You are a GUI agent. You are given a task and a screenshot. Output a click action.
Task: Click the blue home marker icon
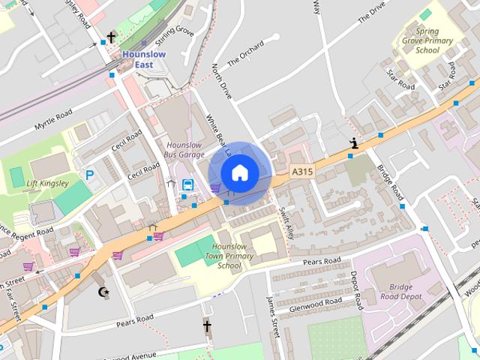(239, 172)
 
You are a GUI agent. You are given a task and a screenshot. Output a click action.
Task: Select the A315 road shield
(301, 172)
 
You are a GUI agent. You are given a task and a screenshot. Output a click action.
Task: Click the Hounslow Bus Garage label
(184, 148)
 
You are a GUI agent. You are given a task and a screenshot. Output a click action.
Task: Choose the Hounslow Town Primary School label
(229, 256)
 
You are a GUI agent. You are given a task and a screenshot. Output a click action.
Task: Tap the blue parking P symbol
(90, 175)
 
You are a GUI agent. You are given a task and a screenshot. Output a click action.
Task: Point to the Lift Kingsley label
(47, 183)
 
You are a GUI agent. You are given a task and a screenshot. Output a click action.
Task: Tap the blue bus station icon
(187, 185)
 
